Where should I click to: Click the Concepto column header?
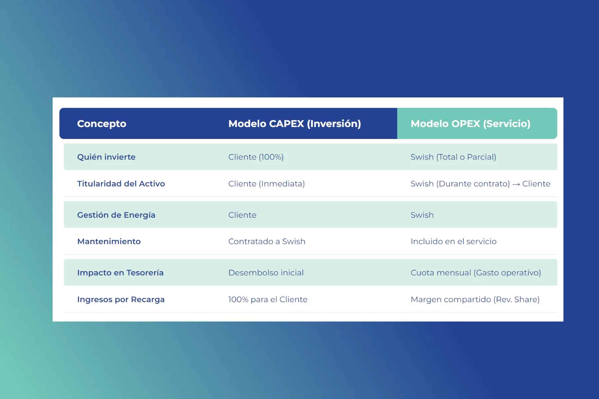point(101,124)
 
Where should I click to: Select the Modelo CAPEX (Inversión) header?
point(295,124)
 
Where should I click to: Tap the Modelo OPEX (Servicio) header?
point(471,124)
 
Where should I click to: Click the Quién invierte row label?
point(106,157)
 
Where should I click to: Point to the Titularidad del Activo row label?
point(121,184)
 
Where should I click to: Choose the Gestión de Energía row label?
point(116,215)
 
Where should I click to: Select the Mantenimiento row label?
point(109,241)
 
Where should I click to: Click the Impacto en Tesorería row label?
point(120,273)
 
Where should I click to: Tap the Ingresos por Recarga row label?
point(121,300)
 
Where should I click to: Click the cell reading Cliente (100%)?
point(256,157)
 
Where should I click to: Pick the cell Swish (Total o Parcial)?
point(453,157)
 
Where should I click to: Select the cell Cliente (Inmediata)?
point(267,184)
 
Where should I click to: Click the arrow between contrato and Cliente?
point(516,184)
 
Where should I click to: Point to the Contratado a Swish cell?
point(267,241)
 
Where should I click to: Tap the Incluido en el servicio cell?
point(454,241)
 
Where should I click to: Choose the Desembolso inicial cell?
point(266,273)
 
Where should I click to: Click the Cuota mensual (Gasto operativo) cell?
point(476,273)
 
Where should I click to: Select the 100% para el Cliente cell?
point(268,300)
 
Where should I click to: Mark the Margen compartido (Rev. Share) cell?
point(475,300)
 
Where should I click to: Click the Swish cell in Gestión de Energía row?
point(422,215)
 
